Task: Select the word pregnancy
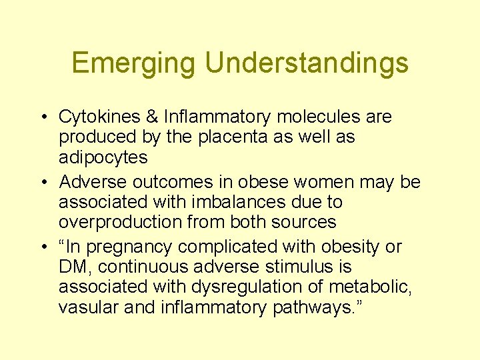tap(127, 247)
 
